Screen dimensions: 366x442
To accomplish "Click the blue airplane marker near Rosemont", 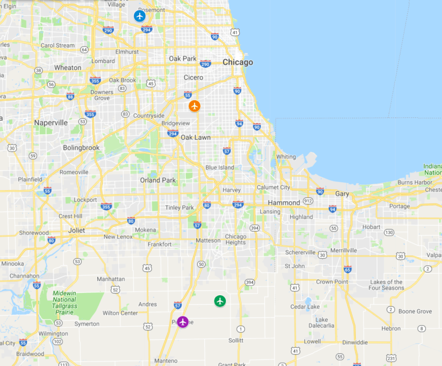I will [x=140, y=16].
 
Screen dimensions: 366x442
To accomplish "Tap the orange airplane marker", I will [x=194, y=106].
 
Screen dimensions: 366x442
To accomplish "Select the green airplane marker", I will [x=220, y=301].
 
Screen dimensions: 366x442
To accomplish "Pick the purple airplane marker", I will [x=183, y=322].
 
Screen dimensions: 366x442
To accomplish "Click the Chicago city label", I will [x=238, y=62].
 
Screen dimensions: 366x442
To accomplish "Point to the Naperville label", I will [x=51, y=123].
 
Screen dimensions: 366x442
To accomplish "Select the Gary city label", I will [x=342, y=194].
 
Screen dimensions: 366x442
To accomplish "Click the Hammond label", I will [x=284, y=203].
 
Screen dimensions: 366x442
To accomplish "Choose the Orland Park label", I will [x=157, y=180].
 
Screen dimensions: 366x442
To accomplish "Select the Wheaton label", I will [x=67, y=67].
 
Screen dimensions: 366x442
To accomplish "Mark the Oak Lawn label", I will [x=195, y=137].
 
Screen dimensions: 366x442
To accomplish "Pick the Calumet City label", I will [x=273, y=187].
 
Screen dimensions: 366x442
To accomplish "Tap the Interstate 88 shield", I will [x=70, y=96].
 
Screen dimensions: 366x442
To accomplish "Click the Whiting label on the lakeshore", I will [x=286, y=156].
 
